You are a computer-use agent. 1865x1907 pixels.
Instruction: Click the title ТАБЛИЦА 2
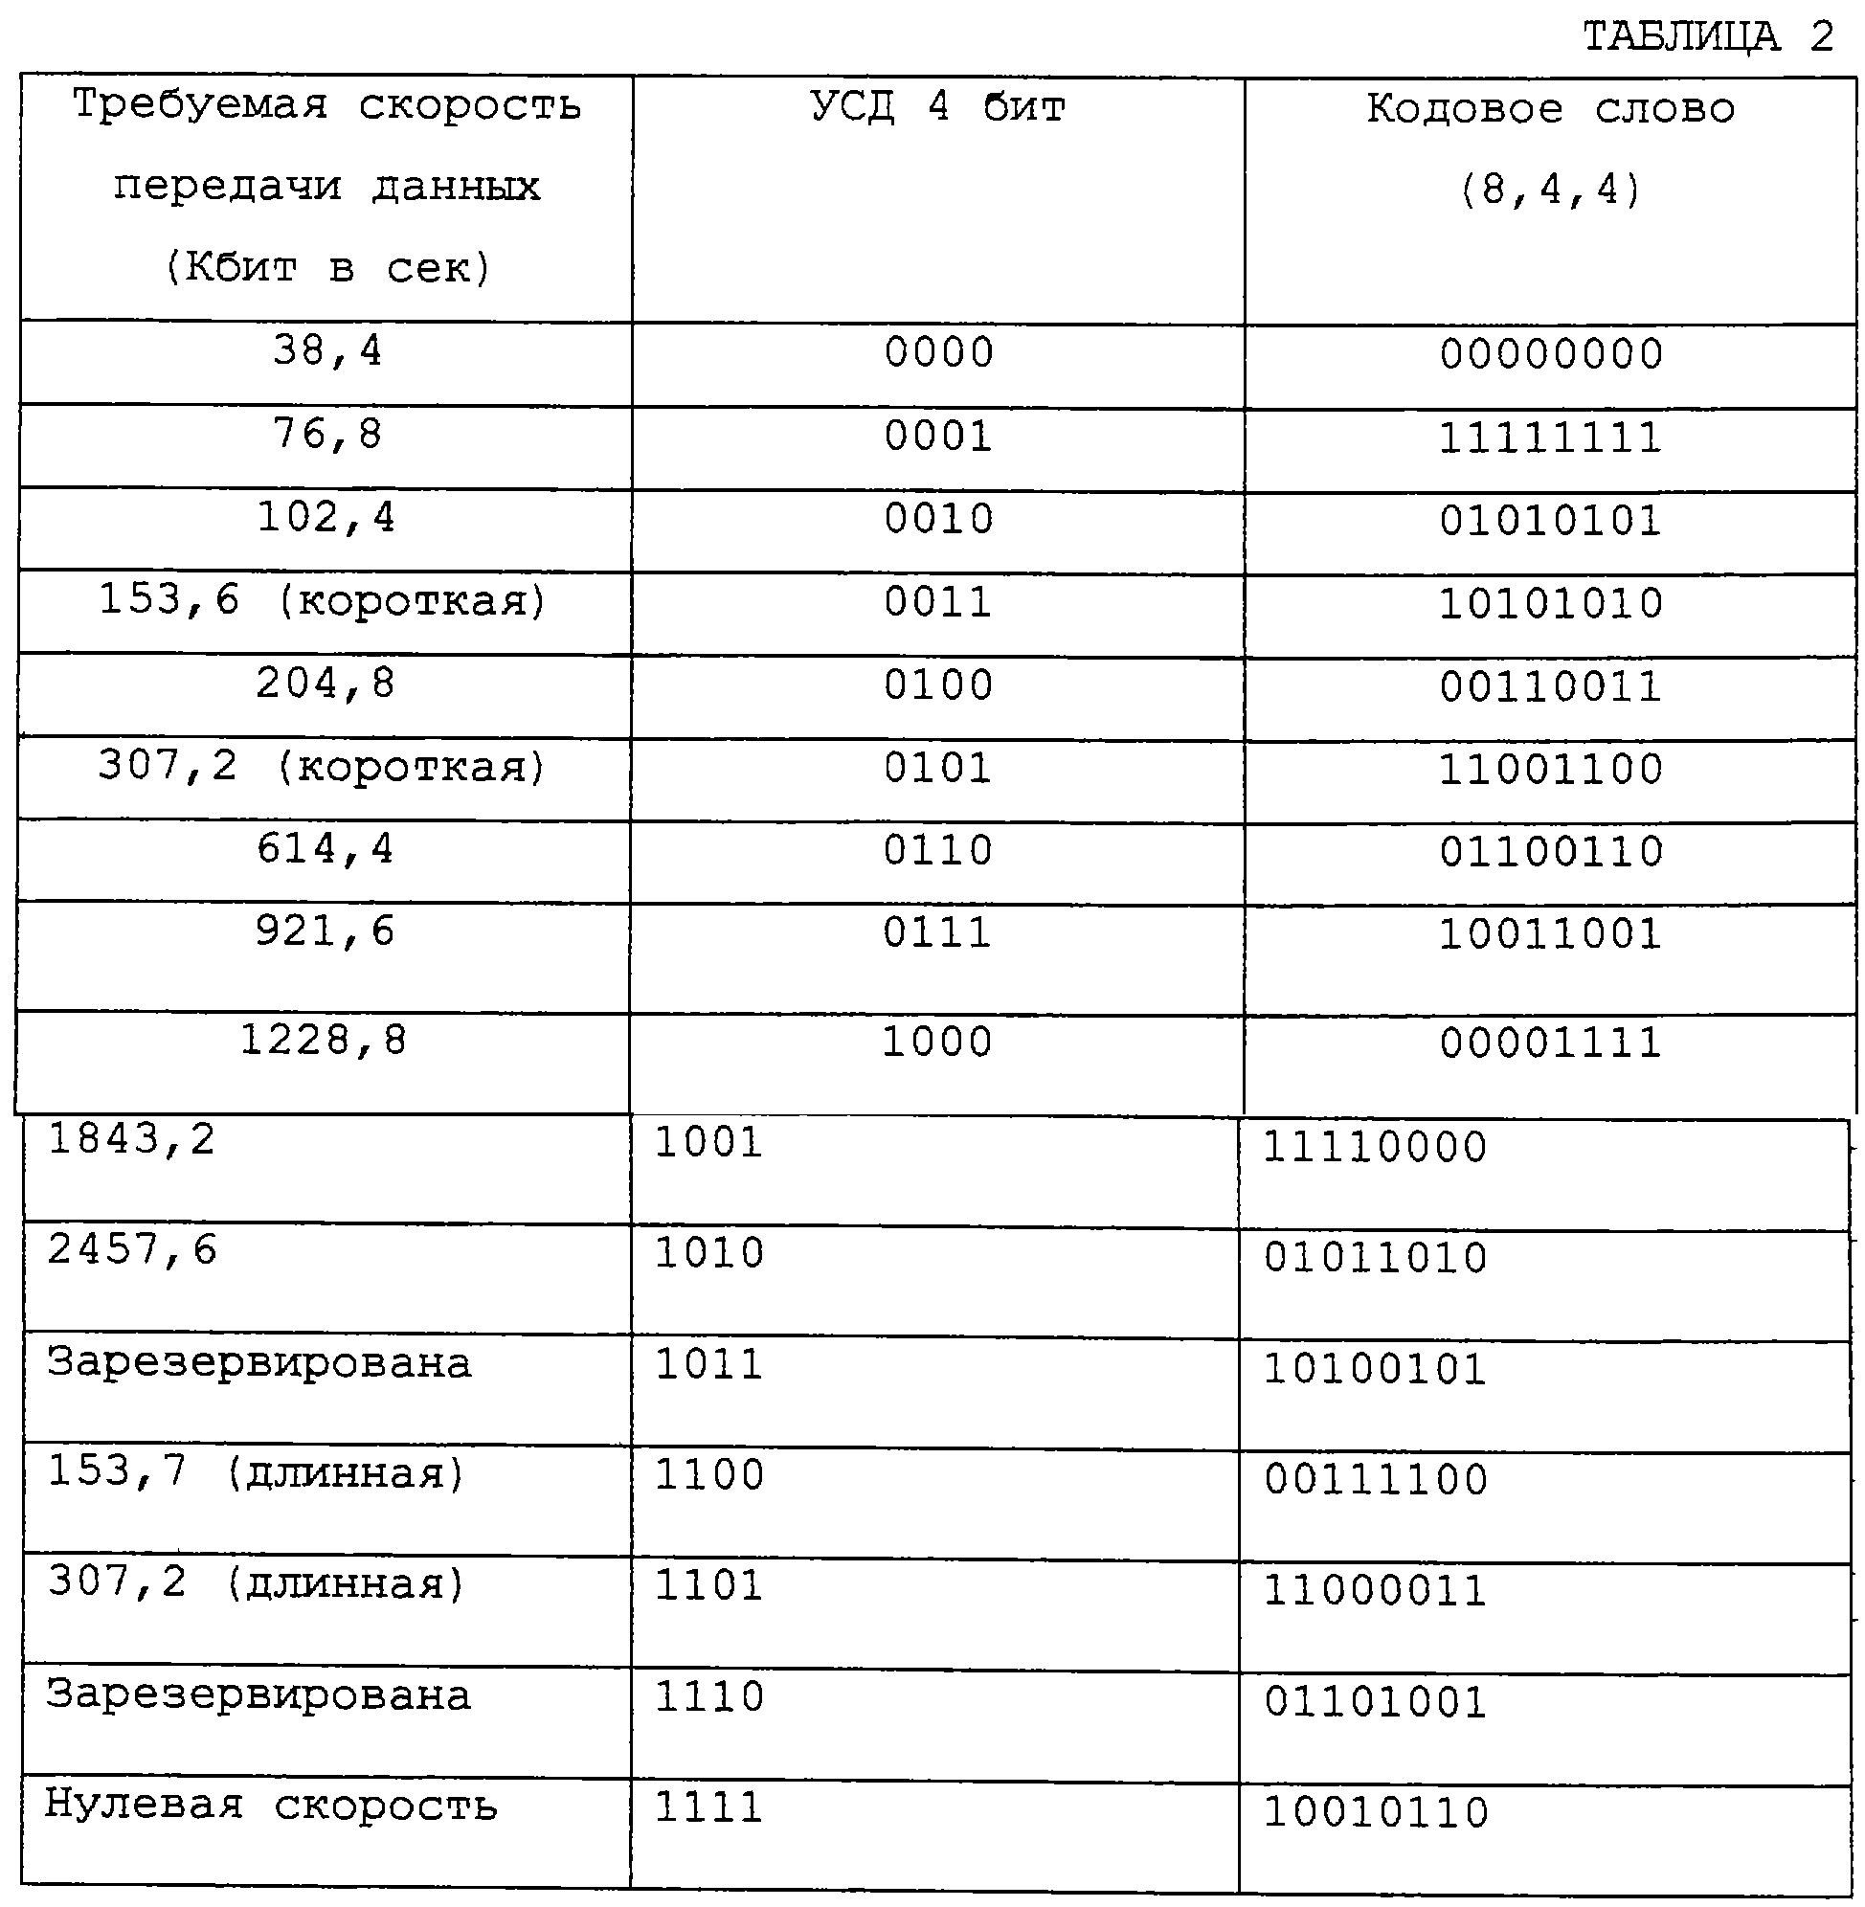pyautogui.click(x=1708, y=37)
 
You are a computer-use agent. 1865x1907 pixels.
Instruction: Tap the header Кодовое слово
pyautogui.click(x=1550, y=109)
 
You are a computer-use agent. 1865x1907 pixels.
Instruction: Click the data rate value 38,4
pyautogui.click(x=327, y=350)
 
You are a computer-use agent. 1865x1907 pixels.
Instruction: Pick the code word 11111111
pyautogui.click(x=1550, y=437)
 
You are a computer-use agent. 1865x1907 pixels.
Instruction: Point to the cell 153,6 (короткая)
pyautogui.click(x=323, y=600)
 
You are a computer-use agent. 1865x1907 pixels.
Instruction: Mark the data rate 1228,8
pyautogui.click(x=324, y=1041)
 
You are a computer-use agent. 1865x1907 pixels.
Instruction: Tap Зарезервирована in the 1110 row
pyautogui.click(x=258, y=1695)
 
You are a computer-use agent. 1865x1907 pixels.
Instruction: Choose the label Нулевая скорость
pyautogui.click(x=271, y=1806)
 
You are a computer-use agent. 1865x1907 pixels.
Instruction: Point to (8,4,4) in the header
pyautogui.click(x=1550, y=189)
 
